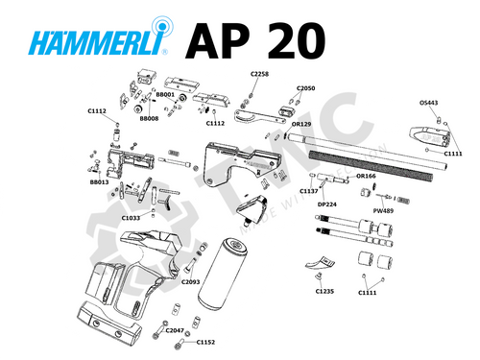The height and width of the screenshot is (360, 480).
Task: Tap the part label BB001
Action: point(164,96)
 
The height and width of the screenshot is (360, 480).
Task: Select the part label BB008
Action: point(149,119)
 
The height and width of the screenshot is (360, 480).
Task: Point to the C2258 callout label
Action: point(260,73)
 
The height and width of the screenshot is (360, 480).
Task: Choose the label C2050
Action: point(305,87)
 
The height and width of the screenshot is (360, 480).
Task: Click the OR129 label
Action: point(301,124)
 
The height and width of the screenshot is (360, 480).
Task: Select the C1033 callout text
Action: point(131,218)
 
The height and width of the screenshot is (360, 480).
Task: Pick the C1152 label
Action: point(206,342)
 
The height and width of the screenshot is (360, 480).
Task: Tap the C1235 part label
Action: point(324,291)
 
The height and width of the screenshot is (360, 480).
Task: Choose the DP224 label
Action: point(327,204)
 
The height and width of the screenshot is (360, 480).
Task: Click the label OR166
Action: point(366,177)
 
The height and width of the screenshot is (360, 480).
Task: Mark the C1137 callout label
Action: point(308,191)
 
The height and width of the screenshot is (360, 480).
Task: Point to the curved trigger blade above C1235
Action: point(322,263)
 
